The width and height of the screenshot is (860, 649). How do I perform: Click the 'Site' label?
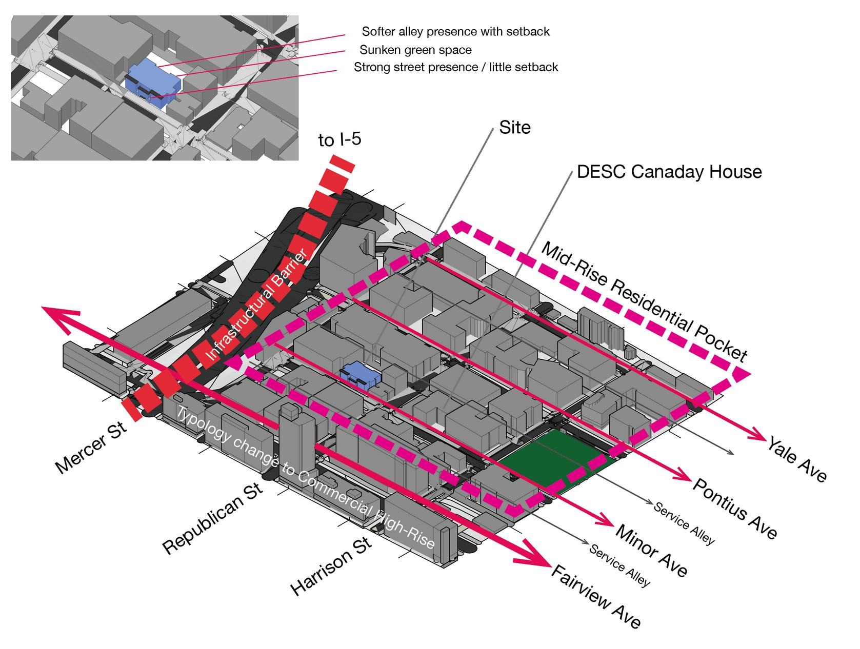[x=515, y=127]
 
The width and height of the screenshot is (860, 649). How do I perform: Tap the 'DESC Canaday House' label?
[x=669, y=172]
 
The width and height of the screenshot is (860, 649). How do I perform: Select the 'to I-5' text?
[x=339, y=139]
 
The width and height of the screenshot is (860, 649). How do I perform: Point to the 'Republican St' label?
[x=213, y=518]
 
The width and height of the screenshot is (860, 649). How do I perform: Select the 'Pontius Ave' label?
[x=735, y=508]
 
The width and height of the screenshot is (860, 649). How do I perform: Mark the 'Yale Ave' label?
[x=797, y=459]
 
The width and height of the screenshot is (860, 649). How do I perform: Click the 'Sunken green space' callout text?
[x=415, y=50]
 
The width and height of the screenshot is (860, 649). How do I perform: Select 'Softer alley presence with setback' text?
[x=455, y=32]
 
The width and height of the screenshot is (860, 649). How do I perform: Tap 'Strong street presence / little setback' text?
[x=456, y=67]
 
